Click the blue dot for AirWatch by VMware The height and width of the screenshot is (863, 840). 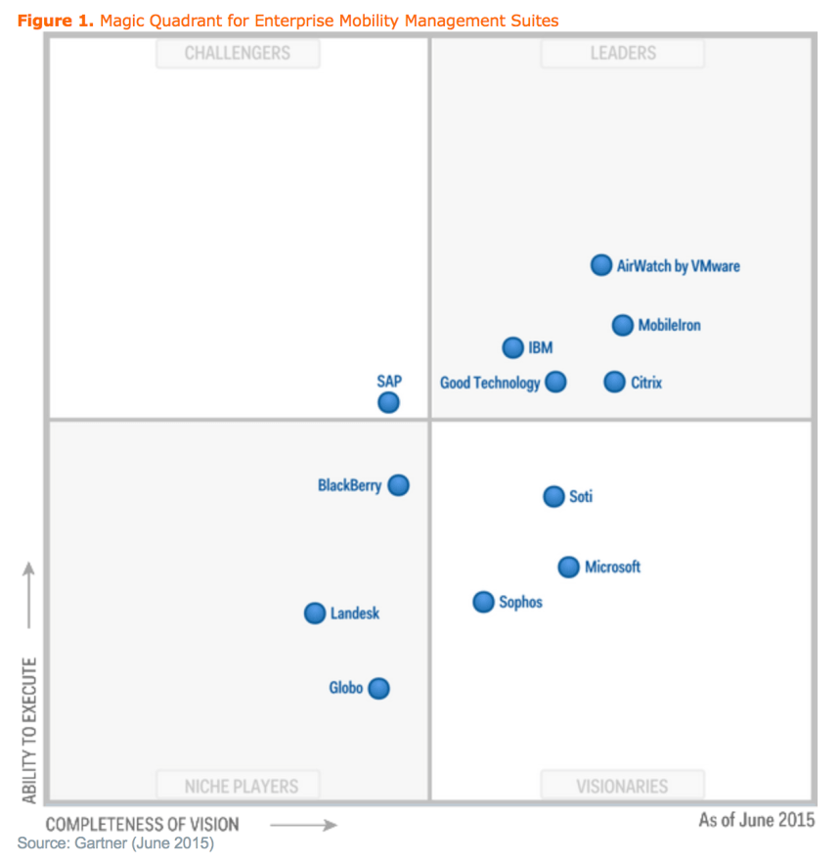point(601,265)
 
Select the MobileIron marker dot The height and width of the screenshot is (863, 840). point(623,325)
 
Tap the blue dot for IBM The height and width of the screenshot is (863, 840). point(513,347)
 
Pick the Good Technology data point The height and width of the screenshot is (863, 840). point(555,382)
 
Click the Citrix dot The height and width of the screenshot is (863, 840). point(614,382)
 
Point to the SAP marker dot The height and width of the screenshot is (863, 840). point(389,402)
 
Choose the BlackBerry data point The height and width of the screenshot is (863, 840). point(398,485)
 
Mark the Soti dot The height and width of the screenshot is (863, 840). point(554,496)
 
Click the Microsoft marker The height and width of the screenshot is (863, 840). point(569,567)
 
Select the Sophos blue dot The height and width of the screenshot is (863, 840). point(484,602)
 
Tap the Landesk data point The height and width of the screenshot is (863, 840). point(315,613)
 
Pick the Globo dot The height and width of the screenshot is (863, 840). point(379,688)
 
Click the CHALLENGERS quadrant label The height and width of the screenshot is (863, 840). point(238,54)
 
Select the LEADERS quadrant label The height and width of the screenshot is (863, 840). point(623,54)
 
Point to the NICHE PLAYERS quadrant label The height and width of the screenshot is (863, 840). point(241,786)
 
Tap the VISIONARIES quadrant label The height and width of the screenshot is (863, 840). point(623,786)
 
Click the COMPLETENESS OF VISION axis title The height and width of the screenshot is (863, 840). point(142,824)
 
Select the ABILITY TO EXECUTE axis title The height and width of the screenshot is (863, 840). point(29,730)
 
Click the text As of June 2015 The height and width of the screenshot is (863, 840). point(756,820)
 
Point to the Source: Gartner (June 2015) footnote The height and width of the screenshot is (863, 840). point(115,842)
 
